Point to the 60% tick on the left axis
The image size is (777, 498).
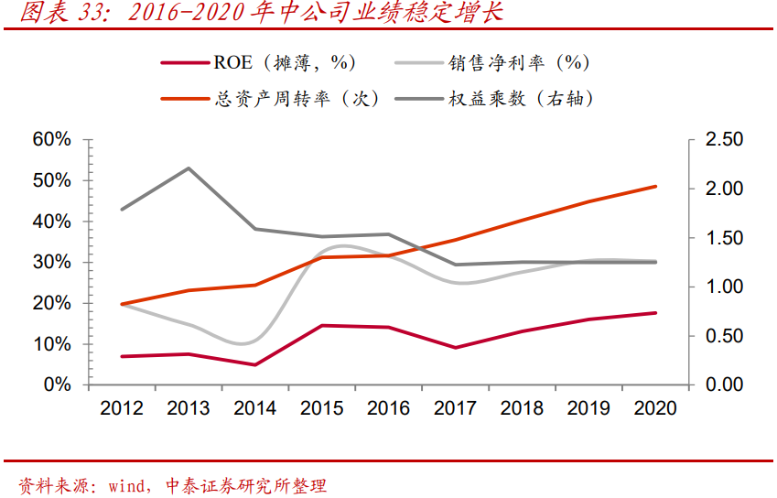[x=51, y=139]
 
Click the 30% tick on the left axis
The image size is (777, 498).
[x=51, y=262]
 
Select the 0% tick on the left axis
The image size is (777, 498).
[x=57, y=384]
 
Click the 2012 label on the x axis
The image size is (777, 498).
[x=122, y=408]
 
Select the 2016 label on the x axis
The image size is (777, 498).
[x=389, y=408]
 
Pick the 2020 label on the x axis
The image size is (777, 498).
[x=655, y=408]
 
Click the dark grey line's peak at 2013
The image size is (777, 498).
[x=189, y=168]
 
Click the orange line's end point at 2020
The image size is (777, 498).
[x=655, y=187]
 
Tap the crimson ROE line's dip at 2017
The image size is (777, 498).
[x=456, y=347]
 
